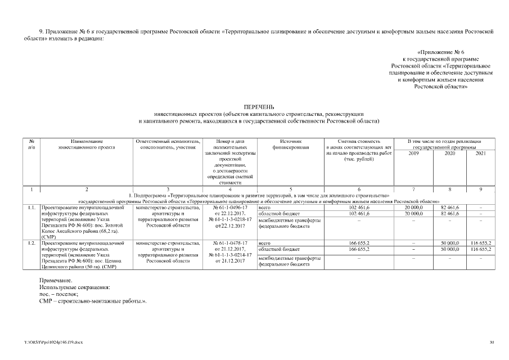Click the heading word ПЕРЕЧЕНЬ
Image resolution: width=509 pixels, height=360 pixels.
pyautogui.click(x=259, y=107)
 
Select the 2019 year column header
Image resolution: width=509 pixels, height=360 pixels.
pyautogui.click(x=413, y=153)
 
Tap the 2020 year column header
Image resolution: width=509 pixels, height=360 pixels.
pyautogui.click(x=450, y=153)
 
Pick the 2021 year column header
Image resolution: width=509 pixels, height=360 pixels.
pyautogui.click(x=480, y=153)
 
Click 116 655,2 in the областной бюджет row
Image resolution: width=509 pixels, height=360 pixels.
pyautogui.click(x=481, y=249)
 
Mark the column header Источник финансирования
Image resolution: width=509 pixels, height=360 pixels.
pyautogui.click(x=290, y=143)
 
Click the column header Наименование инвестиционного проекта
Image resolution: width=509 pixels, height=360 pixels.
pyautogui.click(x=87, y=143)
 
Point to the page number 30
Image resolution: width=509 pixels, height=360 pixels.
pyautogui.click(x=492, y=342)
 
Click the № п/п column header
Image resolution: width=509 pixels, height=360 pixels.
pyautogui.click(x=32, y=143)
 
